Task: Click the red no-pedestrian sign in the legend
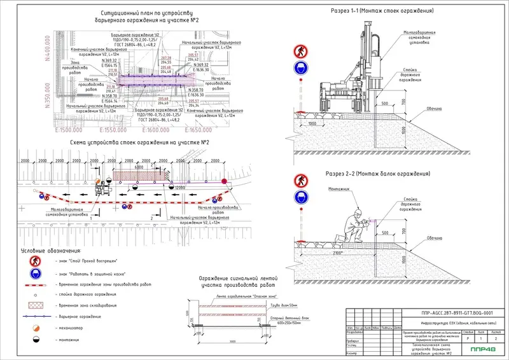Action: click(28, 261)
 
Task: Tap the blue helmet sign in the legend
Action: click(28, 273)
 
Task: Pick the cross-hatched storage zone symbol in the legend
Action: click(28, 306)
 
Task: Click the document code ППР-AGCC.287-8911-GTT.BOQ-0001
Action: click(457, 313)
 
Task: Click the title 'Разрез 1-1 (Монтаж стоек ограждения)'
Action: click(382, 11)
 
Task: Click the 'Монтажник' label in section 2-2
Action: click(340, 189)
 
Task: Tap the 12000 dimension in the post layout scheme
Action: click(180, 189)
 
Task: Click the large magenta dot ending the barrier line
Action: click(223, 183)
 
